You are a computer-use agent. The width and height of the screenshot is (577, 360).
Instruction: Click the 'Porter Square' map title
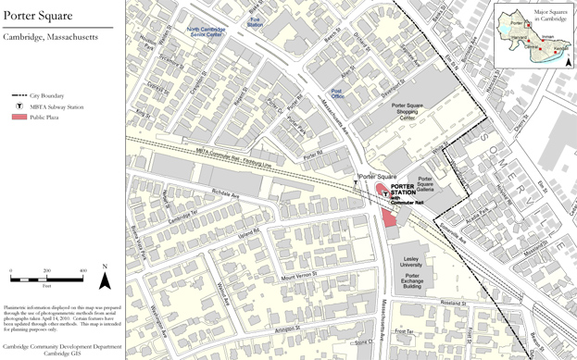pyautogui.click(x=38, y=15)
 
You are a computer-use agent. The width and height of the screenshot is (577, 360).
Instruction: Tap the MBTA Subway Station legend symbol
pyautogui.click(x=19, y=106)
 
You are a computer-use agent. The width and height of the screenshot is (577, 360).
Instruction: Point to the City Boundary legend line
pyautogui.click(x=19, y=95)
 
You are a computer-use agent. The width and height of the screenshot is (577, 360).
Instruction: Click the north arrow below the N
pyautogui.click(x=105, y=280)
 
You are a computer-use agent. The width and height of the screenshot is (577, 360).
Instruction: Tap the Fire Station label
pyautogui.click(x=255, y=21)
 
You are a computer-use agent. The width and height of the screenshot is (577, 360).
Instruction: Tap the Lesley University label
pyautogui.click(x=411, y=262)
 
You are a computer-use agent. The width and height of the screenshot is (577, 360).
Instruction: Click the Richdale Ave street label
pyautogui.click(x=226, y=195)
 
